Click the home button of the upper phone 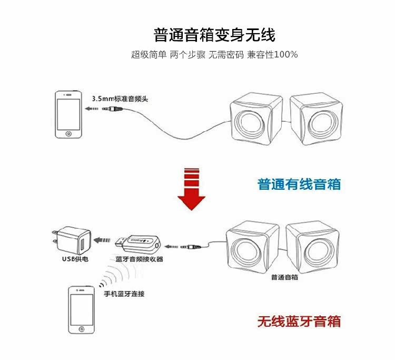pyautogui.click(x=68, y=133)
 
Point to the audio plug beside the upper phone pyautogui.click(x=112, y=109)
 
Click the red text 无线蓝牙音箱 pyautogui.click(x=299, y=321)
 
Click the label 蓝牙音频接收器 pyautogui.click(x=139, y=259)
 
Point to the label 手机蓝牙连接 pyautogui.click(x=124, y=294)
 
